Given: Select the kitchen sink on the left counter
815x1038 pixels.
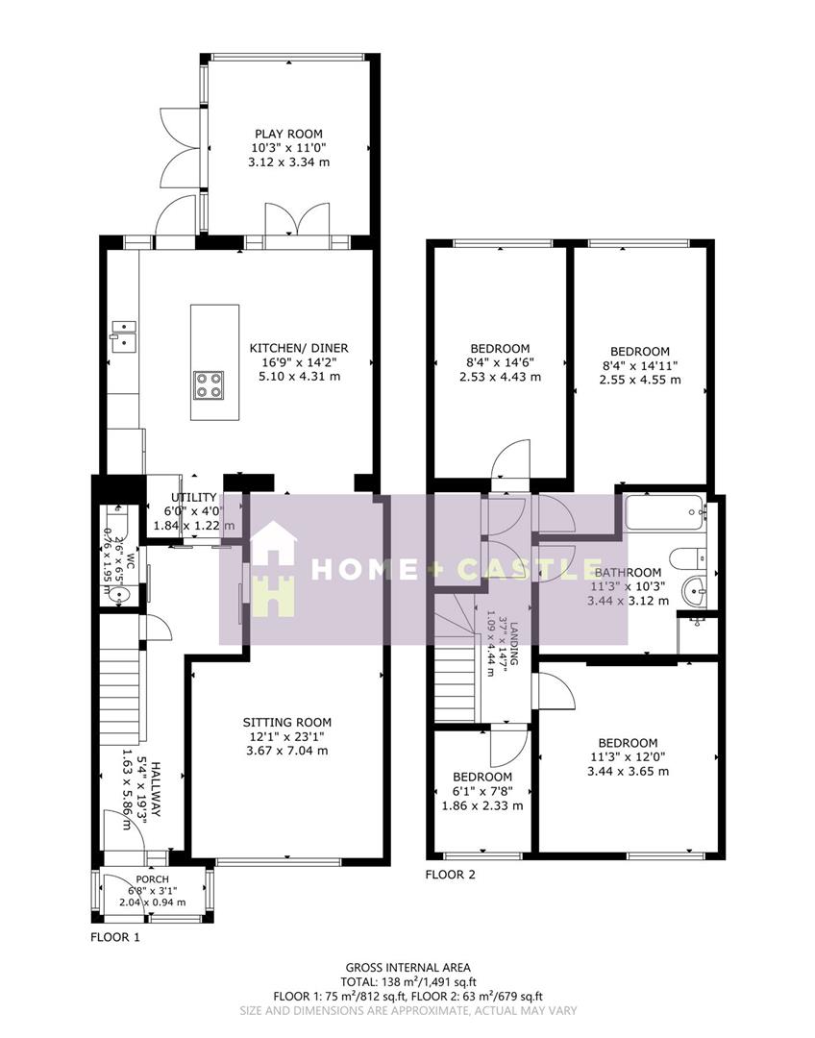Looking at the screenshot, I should [122, 333].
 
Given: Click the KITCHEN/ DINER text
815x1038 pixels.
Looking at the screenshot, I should [299, 348].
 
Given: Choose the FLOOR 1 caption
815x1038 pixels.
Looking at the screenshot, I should [115, 936].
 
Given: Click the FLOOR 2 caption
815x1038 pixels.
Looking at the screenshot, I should [451, 875].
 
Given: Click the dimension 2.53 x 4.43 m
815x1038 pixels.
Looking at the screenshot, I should [500, 377].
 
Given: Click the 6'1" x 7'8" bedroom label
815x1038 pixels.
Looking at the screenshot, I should [482, 791].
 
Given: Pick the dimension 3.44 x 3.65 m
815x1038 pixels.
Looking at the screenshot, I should [628, 771].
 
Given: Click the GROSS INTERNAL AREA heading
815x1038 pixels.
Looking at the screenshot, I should [407, 967].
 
